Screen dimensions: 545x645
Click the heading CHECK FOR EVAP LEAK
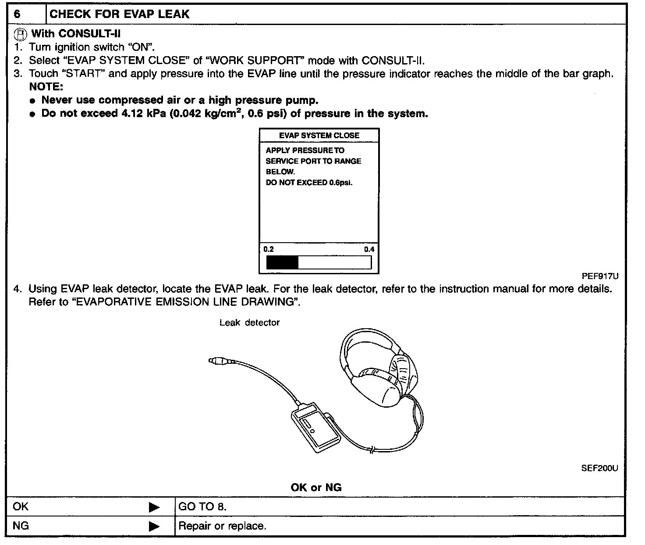(x=119, y=14)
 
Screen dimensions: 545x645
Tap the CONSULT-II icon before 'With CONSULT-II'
(x=20, y=34)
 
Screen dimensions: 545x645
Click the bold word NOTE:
(x=46, y=86)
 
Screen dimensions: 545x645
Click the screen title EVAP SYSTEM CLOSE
(x=319, y=136)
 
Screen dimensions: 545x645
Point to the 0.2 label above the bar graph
(x=269, y=249)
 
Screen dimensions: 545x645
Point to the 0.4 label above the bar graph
(x=369, y=249)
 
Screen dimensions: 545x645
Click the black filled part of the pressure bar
(x=282, y=262)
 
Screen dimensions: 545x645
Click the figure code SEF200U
(x=599, y=468)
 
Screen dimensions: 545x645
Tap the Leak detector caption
(x=249, y=323)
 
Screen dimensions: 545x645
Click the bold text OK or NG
(x=316, y=488)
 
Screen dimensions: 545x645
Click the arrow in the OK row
(x=154, y=508)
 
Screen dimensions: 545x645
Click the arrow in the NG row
(x=154, y=526)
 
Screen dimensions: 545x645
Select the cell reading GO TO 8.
(x=202, y=507)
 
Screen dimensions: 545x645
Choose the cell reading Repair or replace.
(x=222, y=526)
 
